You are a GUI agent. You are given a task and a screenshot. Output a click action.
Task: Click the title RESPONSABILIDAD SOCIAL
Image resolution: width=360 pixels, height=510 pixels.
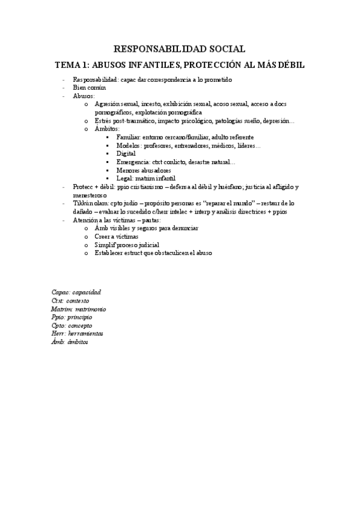[x=180, y=49]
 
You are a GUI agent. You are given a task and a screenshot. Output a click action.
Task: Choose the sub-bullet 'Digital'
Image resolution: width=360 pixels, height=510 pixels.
[x=126, y=154]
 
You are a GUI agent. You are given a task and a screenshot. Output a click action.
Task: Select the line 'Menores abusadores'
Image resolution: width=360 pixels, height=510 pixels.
[x=145, y=170]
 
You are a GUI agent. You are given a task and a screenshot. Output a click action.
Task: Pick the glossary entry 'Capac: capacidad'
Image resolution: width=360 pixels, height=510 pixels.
[x=76, y=292]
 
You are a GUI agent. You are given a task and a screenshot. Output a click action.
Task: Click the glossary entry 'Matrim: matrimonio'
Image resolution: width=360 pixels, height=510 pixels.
[x=79, y=309]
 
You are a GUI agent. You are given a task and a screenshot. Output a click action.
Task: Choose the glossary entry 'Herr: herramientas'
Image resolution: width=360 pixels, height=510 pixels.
[x=78, y=334]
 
